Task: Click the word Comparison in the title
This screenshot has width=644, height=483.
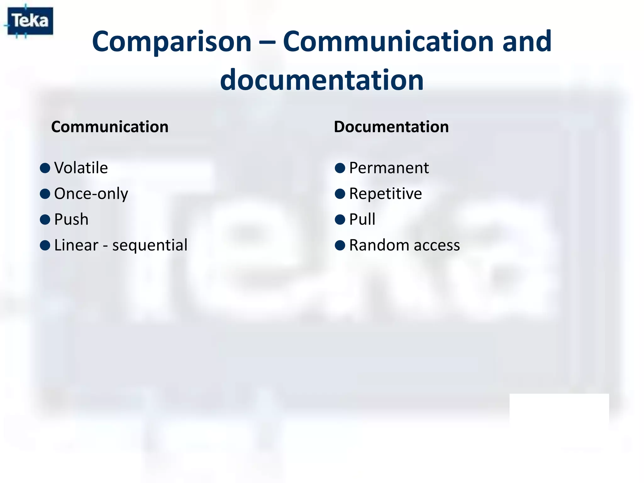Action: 172,42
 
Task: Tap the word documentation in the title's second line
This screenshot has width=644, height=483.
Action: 322,80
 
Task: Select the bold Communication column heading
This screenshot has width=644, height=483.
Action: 110,127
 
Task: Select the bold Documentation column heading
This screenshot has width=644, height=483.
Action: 391,127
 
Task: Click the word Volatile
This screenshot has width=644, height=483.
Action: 81,168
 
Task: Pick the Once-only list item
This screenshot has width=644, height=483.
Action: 91,194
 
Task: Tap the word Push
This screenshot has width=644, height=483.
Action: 71,219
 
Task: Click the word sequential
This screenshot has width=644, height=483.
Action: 150,245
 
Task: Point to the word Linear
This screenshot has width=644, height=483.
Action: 76,245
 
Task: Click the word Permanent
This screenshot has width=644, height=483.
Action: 389,168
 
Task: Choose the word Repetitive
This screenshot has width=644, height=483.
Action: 386,193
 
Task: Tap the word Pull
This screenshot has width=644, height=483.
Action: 362,219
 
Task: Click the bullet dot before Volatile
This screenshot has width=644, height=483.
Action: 45,168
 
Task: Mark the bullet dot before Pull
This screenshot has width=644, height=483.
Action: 340,219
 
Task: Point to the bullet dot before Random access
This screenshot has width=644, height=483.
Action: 340,245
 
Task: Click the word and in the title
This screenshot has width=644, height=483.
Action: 527,42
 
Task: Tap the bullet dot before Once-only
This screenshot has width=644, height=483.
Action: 45,194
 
